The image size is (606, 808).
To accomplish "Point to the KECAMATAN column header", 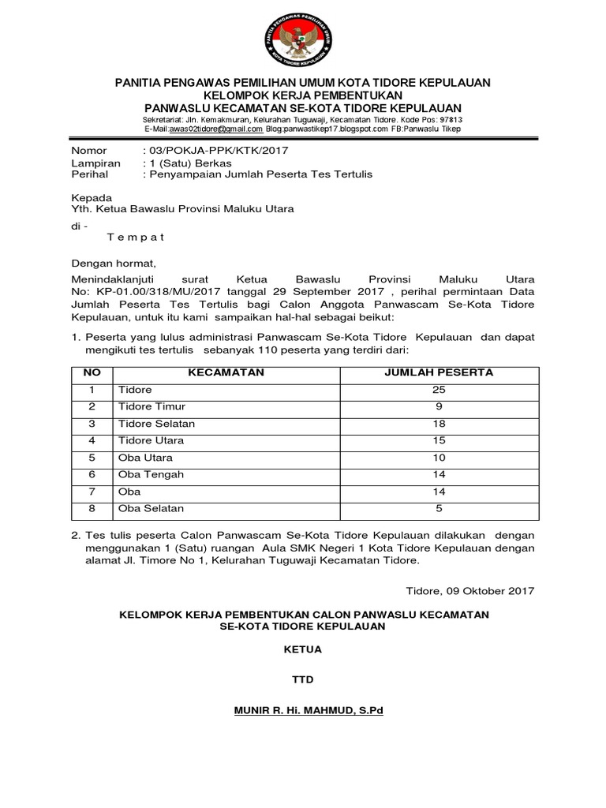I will coord(226,372).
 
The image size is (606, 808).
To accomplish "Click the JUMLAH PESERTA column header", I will coord(439,372).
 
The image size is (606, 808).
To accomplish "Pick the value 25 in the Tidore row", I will coord(439,390).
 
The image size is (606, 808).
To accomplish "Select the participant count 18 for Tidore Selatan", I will coord(439,424).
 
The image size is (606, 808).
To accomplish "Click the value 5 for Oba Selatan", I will coord(439,508).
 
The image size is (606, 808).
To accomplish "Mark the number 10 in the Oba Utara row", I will coord(439,458).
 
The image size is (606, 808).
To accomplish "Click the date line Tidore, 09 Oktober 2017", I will coord(469,590).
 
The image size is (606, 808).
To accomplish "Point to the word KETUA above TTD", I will coord(303,650).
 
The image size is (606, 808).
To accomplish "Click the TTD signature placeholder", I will coord(303,679).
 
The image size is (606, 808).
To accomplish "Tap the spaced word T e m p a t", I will coord(136,237).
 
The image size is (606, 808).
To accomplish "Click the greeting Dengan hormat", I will coord(114,264).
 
